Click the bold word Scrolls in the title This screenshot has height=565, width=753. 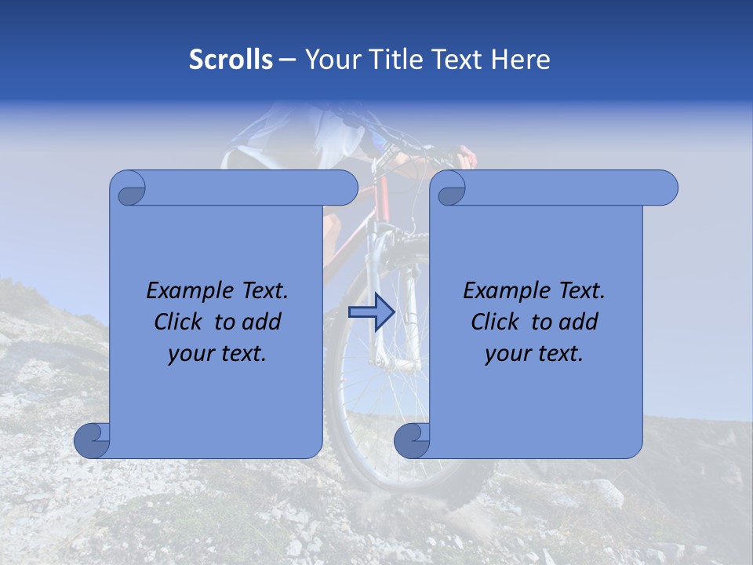231,60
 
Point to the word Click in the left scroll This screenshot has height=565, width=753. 180,322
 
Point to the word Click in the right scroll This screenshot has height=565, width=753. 497,322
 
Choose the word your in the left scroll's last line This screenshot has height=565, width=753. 189,354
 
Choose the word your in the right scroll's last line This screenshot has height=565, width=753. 506,354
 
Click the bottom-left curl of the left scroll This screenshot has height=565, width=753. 92,440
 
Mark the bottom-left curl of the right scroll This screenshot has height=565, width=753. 412,440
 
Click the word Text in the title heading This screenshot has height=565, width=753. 457,60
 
